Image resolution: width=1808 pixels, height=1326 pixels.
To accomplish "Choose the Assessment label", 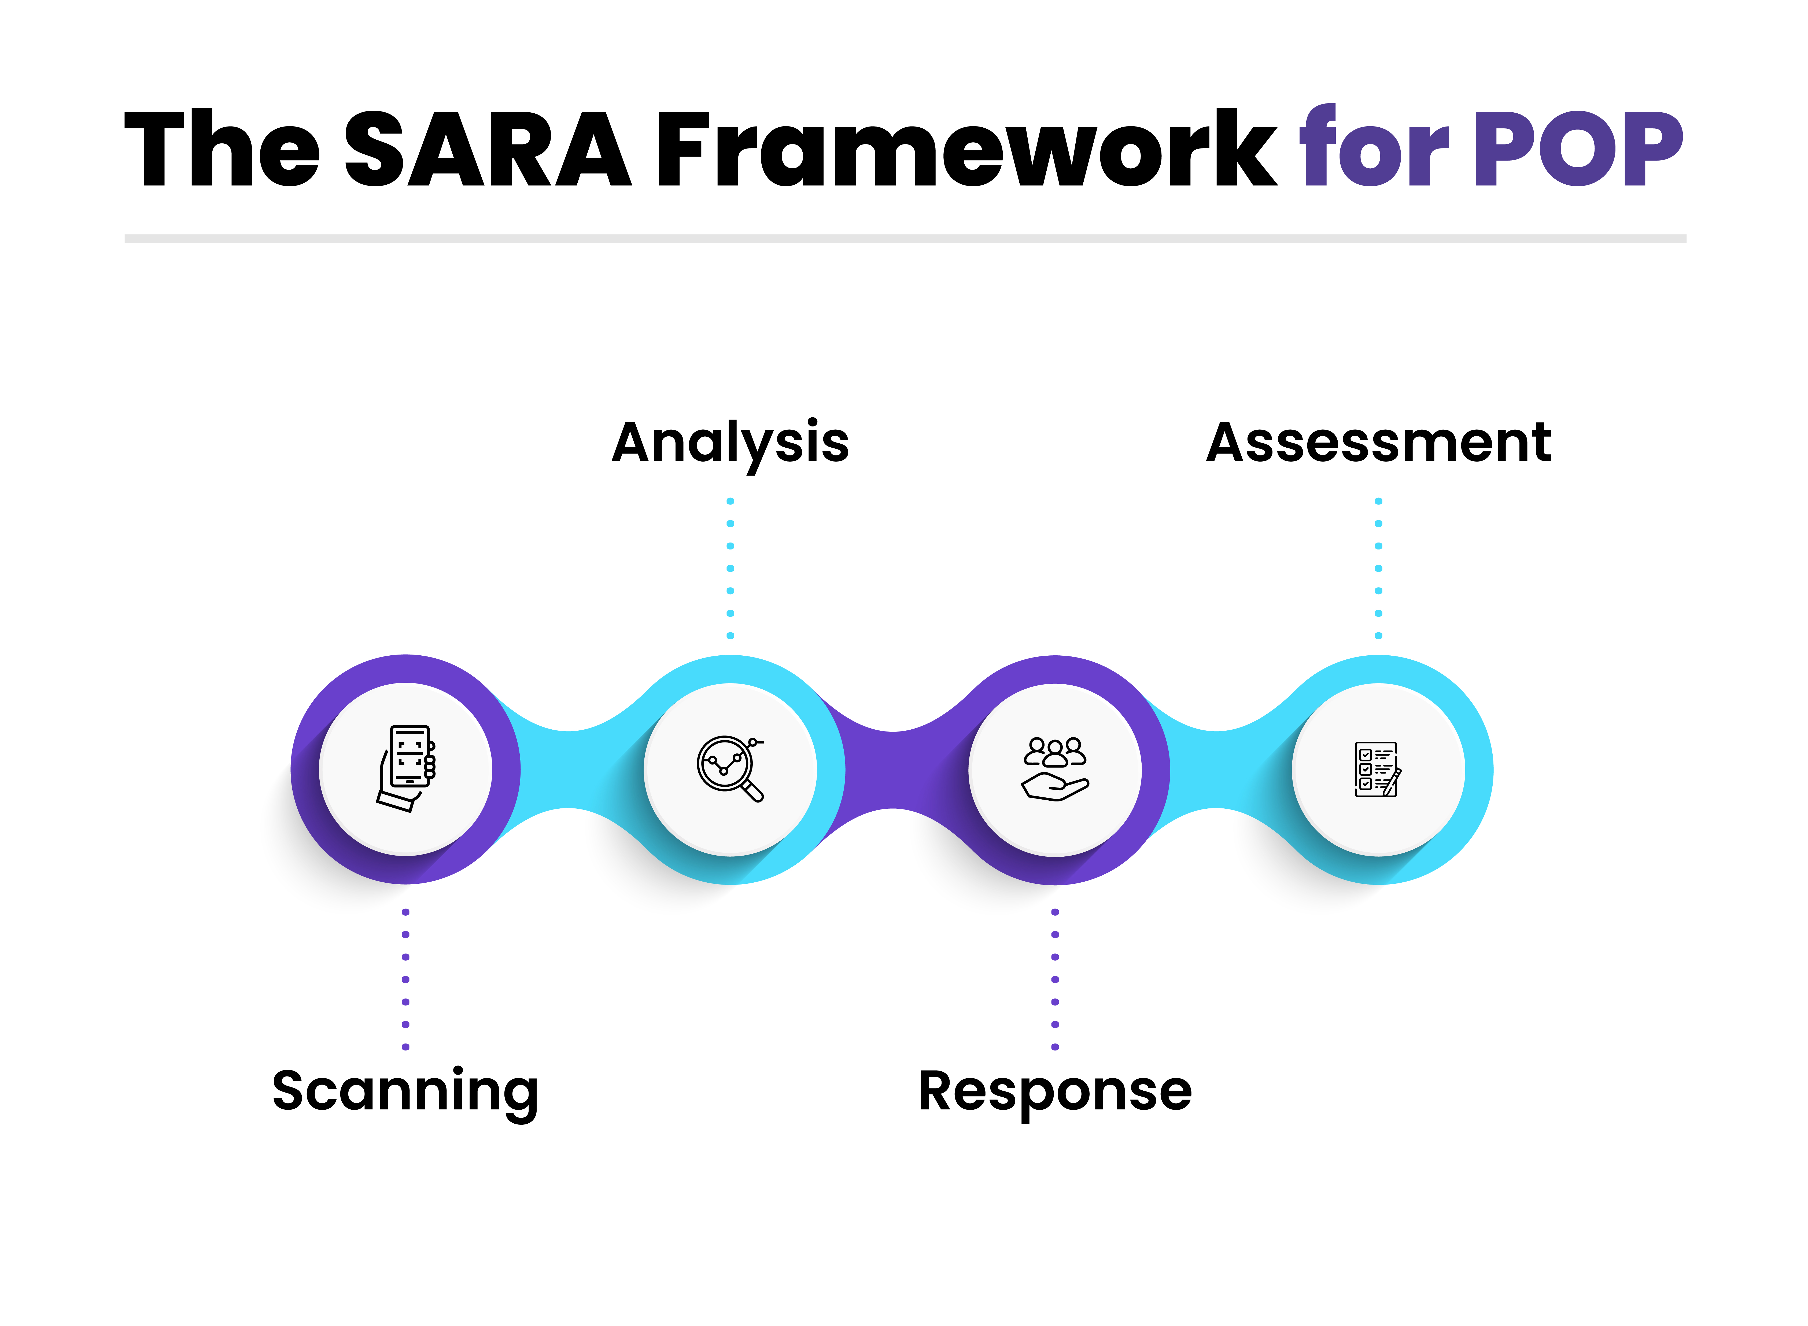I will [x=1378, y=443].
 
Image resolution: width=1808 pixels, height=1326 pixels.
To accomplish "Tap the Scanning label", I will [x=405, y=1092].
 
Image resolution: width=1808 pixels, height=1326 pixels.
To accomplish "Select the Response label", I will [x=1055, y=1092].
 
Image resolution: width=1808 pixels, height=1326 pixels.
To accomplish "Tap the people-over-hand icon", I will [x=1055, y=769].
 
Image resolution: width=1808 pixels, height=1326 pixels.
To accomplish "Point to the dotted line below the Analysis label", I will [x=730, y=568].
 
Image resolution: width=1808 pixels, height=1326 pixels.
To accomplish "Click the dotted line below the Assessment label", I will [x=1378, y=568].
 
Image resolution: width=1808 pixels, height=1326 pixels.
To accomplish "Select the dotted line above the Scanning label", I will [x=405, y=979].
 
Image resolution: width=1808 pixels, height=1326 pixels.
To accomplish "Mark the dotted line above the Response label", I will [x=1055, y=979].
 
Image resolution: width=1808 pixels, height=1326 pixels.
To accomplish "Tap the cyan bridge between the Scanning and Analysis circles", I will [x=569, y=769].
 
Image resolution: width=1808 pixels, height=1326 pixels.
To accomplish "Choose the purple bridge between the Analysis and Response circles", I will [x=893, y=769].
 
